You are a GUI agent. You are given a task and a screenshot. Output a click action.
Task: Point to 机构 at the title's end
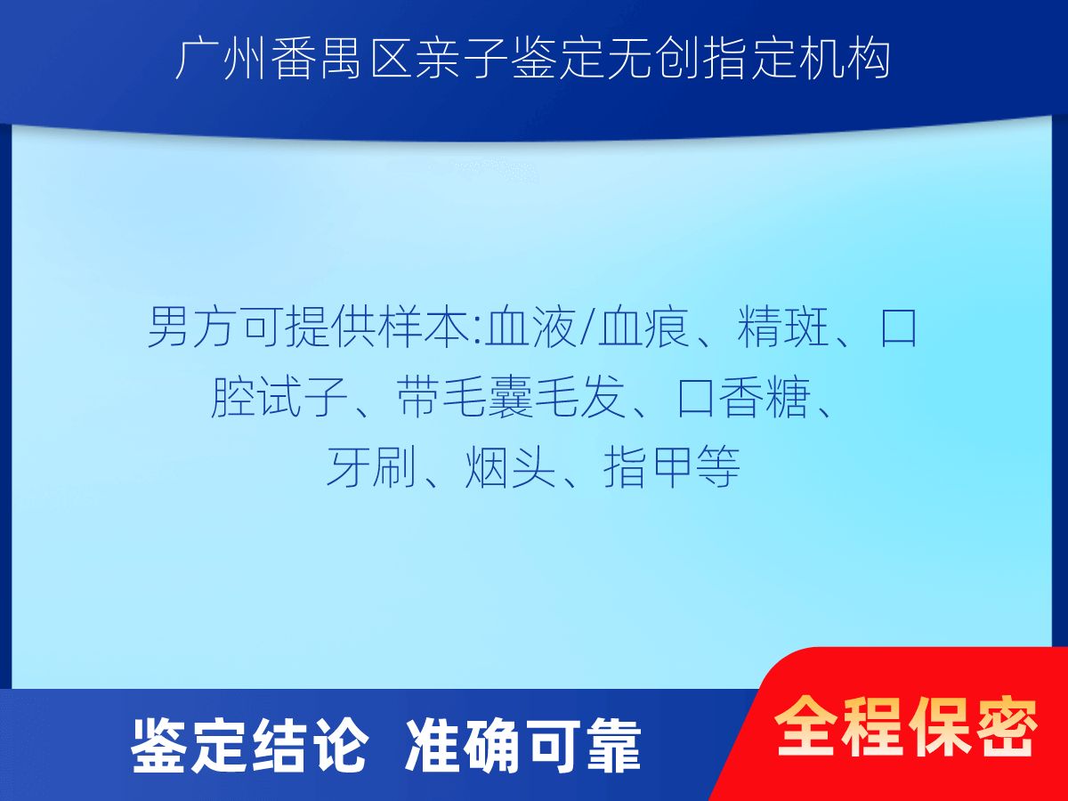point(845,60)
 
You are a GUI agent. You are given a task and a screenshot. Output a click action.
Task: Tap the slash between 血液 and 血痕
point(587,327)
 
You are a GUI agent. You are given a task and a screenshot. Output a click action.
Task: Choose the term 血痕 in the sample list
point(643,327)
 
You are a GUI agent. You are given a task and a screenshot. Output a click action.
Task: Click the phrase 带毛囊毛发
point(511,397)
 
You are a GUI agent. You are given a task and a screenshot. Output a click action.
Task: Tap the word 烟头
point(510,467)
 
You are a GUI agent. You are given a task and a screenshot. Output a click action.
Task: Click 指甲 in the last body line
point(649,467)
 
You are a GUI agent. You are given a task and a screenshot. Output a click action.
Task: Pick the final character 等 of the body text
point(717,467)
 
